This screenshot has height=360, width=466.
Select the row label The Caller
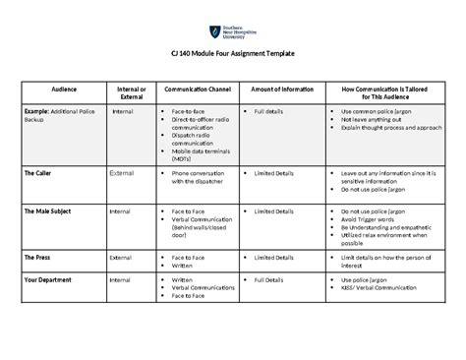click(40, 171)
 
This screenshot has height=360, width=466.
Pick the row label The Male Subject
click(48, 210)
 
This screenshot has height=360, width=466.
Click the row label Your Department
click(49, 279)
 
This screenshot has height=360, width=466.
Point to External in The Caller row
click(122, 171)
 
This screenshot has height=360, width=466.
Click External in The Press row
click(122, 257)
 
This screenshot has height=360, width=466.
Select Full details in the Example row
click(271, 112)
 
